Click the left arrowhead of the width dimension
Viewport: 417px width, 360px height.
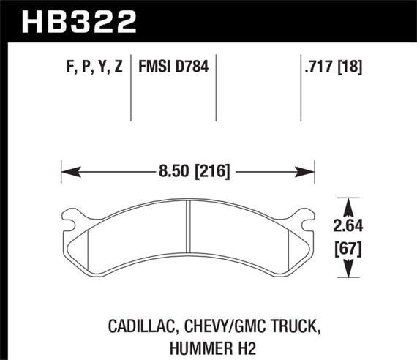click(67, 171)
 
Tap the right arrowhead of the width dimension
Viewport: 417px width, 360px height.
click(308, 171)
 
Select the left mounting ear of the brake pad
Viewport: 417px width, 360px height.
click(72, 215)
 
